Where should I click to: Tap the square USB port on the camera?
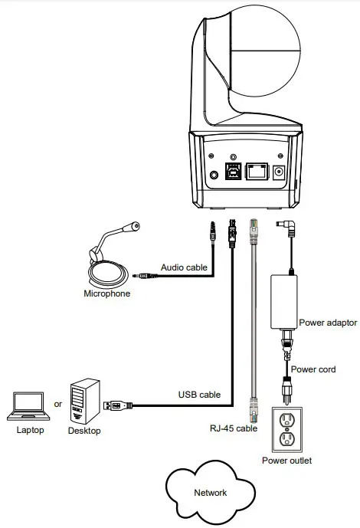(232, 173)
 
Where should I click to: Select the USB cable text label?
(199, 395)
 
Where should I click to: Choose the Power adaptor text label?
(328, 323)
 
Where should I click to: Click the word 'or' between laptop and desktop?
(57, 404)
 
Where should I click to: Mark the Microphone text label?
(106, 294)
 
